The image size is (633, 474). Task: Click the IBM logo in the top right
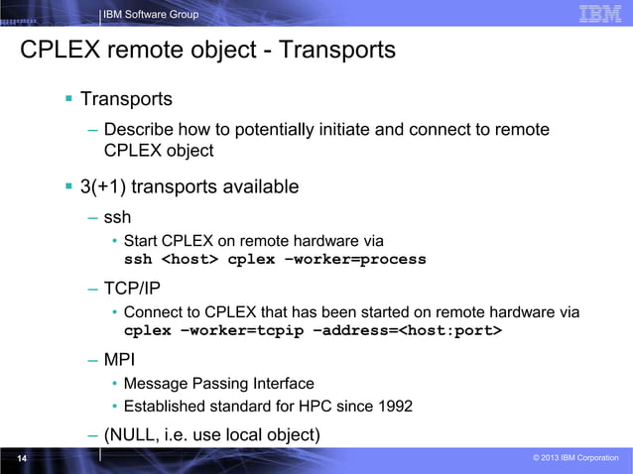(599, 14)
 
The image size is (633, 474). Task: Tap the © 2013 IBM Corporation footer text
(575, 458)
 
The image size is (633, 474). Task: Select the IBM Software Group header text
(151, 14)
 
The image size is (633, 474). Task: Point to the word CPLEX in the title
(64, 49)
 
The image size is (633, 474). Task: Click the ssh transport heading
(117, 216)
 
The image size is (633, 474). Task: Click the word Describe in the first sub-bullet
(138, 130)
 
